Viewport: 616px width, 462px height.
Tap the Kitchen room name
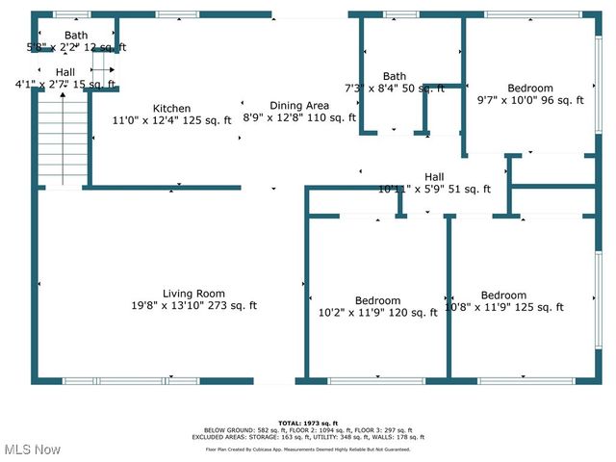[172, 108]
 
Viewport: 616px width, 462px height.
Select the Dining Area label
[299, 105]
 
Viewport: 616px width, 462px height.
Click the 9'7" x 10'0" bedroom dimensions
[530, 100]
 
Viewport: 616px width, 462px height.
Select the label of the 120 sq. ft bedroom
[377, 300]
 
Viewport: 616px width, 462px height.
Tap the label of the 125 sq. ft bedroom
[503, 295]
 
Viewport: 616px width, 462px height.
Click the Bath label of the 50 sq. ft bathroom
[395, 76]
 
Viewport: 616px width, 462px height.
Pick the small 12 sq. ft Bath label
[75, 35]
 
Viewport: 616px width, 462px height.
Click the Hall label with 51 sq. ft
[434, 176]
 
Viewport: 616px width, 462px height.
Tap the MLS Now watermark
[32, 449]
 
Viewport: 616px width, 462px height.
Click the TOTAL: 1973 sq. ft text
[309, 422]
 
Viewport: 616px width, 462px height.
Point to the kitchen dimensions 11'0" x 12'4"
[172, 120]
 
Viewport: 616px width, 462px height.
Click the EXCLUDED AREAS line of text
[309, 437]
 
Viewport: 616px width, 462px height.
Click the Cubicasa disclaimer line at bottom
[309, 449]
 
